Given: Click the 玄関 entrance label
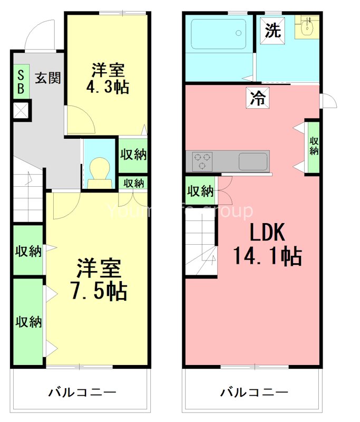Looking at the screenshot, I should click(x=47, y=79).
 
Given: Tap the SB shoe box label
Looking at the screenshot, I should click(x=21, y=82).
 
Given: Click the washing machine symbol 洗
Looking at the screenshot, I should click(x=273, y=31).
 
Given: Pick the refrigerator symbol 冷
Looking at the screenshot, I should click(x=258, y=98).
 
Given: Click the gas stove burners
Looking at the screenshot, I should click(x=202, y=161).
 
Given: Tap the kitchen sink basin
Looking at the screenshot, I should click(x=253, y=161).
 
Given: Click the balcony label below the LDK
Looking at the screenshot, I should click(x=254, y=392).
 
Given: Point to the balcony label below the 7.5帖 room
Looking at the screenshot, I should click(x=82, y=392).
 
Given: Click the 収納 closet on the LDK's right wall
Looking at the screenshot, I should click(x=314, y=147).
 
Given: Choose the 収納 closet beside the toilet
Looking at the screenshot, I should click(x=133, y=155).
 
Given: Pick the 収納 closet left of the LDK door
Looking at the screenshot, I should click(x=200, y=190).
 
